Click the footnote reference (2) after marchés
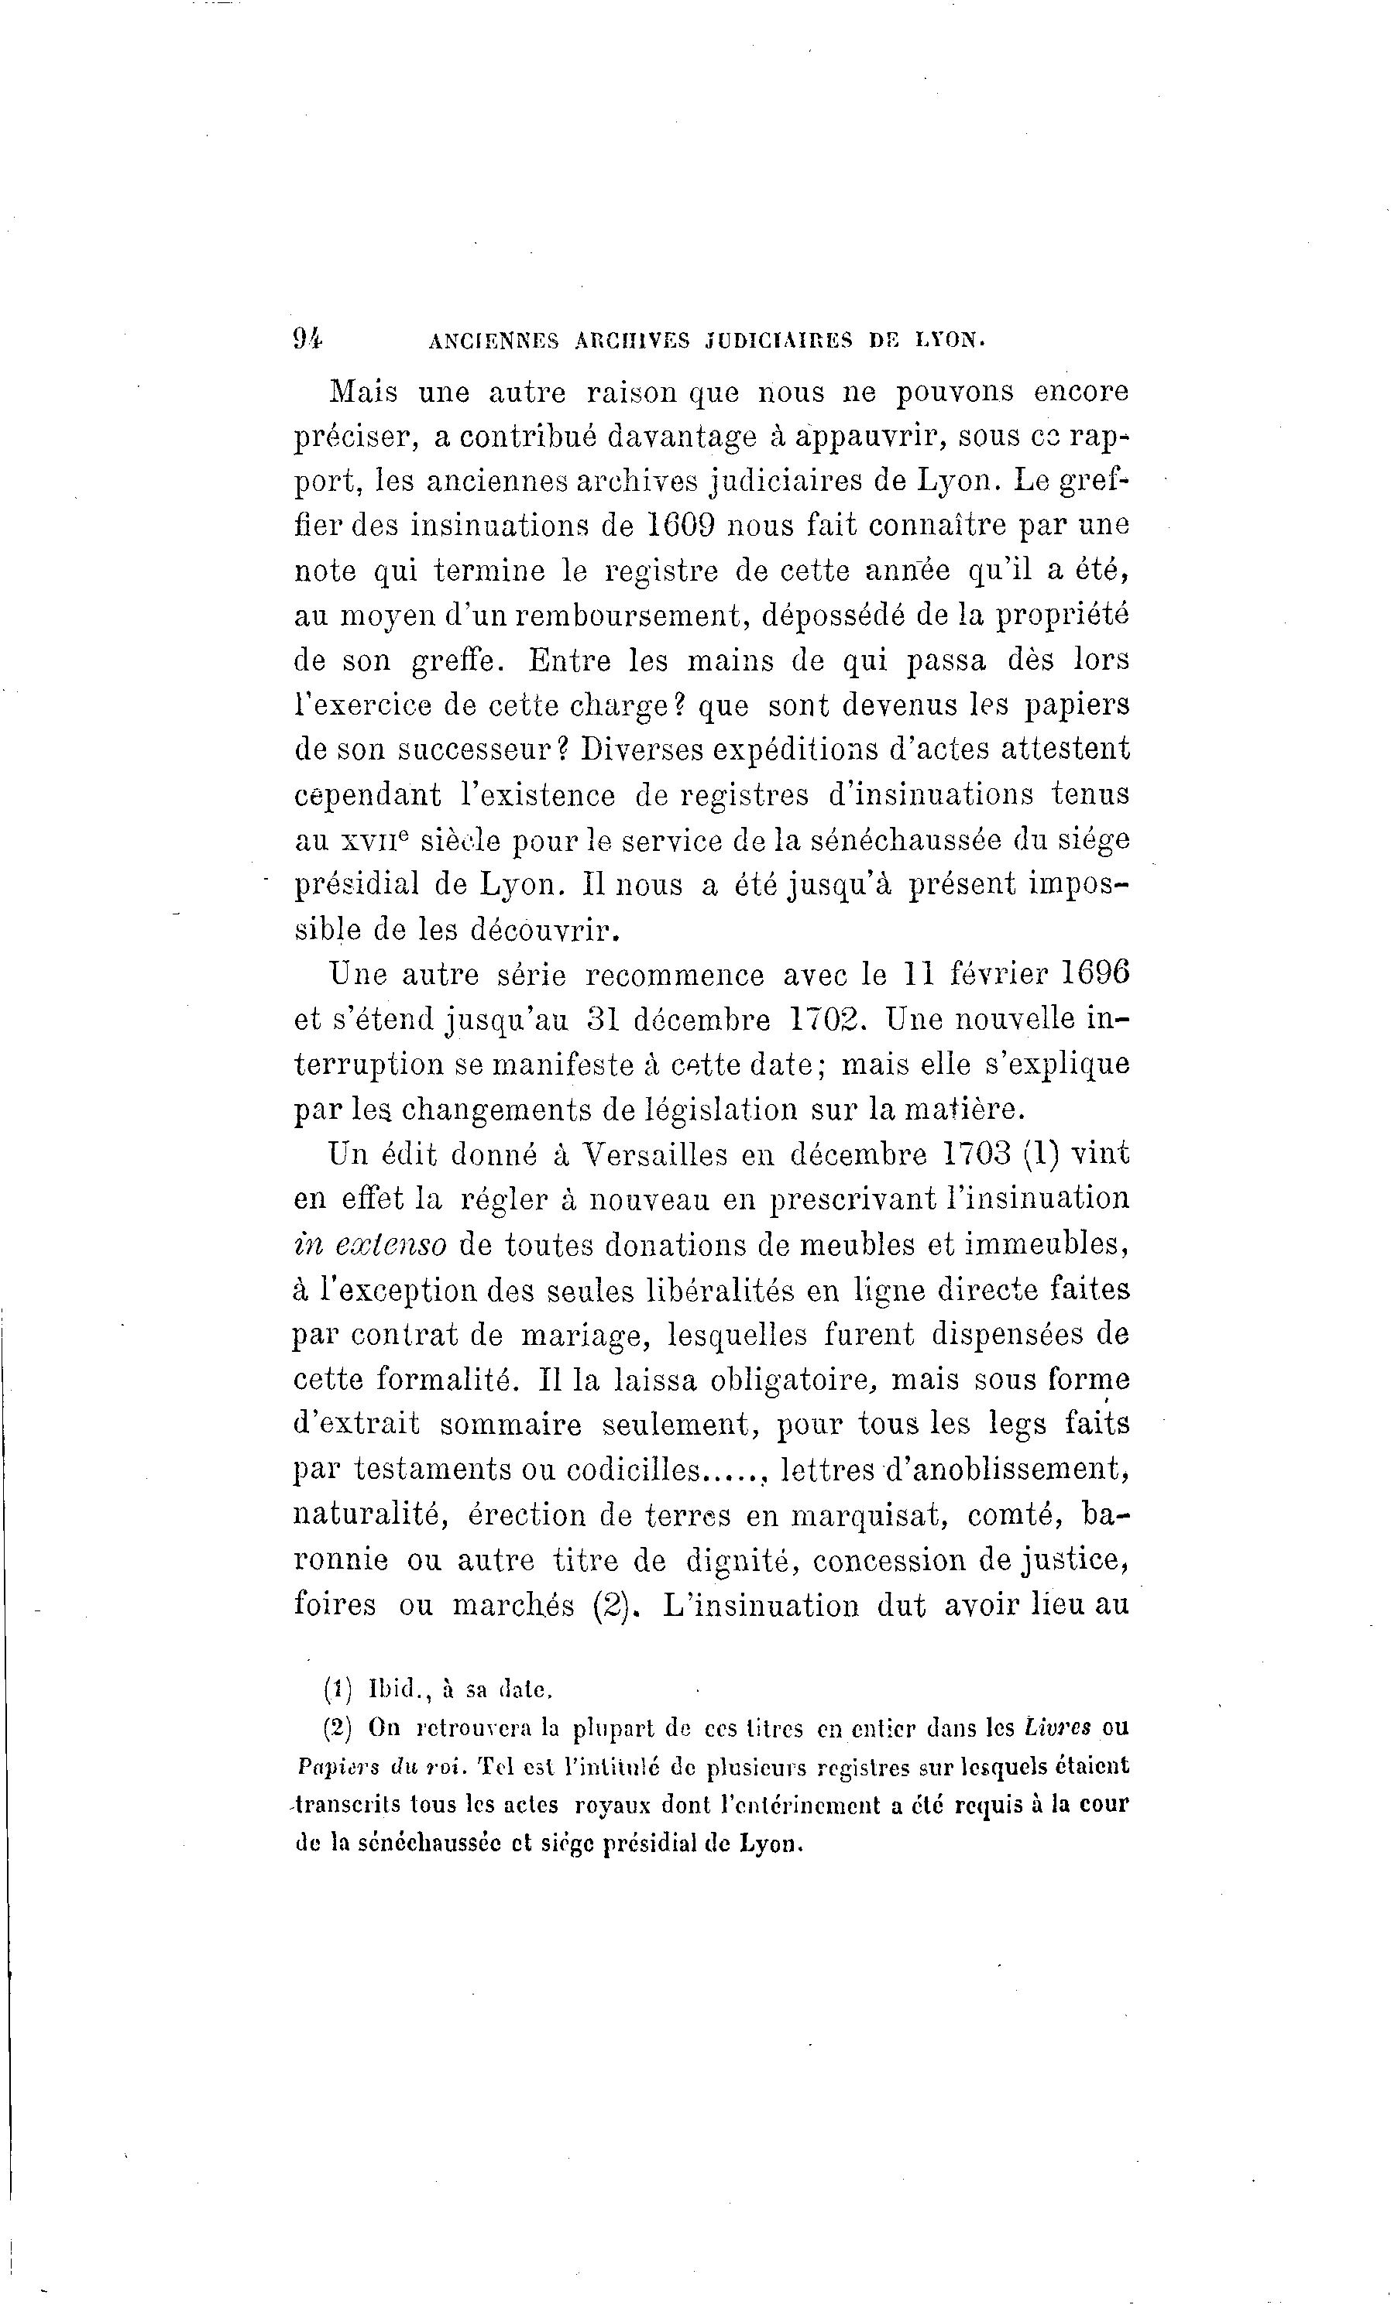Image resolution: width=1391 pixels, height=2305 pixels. [609, 1605]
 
